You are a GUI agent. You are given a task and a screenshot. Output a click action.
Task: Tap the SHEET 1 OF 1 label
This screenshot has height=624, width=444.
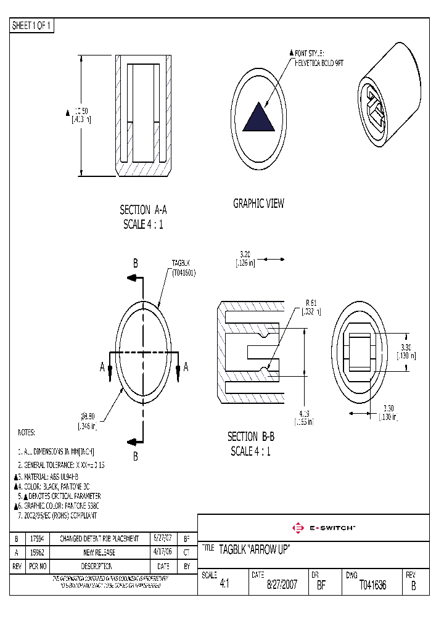32,26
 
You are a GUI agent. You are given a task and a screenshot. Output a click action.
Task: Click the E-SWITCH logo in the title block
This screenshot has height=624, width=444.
323,528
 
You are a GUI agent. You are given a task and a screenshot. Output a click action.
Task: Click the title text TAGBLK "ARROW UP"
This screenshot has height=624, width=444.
254,549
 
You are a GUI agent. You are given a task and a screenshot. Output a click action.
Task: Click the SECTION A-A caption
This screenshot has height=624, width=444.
143,210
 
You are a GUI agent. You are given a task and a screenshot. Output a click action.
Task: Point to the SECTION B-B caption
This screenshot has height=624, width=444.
250,437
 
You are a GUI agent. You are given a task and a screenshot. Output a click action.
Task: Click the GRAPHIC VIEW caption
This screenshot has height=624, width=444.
258,203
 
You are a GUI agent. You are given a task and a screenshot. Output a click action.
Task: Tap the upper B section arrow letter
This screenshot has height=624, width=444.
135,263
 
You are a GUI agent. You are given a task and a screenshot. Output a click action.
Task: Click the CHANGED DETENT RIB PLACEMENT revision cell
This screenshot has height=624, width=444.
99,538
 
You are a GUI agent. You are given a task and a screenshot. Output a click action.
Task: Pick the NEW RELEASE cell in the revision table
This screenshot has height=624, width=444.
99,552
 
